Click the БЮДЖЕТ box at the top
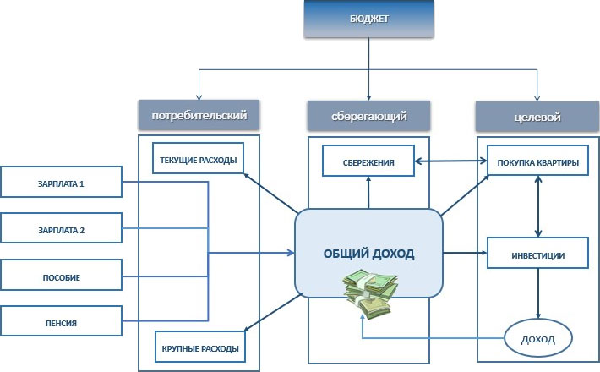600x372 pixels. click(x=368, y=19)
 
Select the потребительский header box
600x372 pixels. click(x=199, y=114)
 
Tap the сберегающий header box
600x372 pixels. click(x=368, y=115)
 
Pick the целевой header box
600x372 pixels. click(x=537, y=116)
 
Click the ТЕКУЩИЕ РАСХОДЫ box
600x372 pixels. click(x=199, y=160)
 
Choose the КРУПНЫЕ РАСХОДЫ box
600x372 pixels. click(x=199, y=347)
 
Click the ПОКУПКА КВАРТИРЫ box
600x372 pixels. click(x=537, y=161)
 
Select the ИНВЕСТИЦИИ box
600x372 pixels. click(x=537, y=254)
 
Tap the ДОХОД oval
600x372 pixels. click(x=537, y=339)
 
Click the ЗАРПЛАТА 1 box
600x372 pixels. click(x=61, y=183)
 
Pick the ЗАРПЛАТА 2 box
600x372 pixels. click(x=61, y=229)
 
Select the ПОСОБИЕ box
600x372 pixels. click(x=61, y=276)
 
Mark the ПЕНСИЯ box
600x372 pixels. click(x=61, y=321)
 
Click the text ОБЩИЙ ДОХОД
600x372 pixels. click(x=369, y=253)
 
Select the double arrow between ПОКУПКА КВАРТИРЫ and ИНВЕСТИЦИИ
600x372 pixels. click(x=537, y=207)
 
